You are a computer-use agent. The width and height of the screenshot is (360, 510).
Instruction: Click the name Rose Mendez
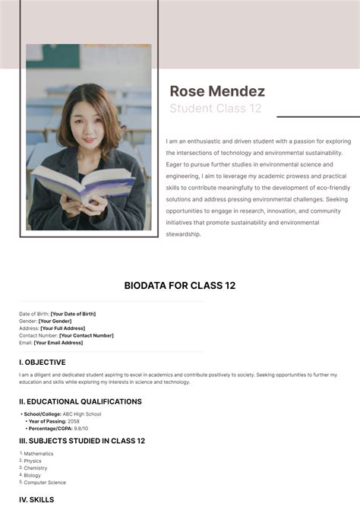(217, 91)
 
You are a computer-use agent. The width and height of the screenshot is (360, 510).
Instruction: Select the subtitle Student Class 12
(215, 109)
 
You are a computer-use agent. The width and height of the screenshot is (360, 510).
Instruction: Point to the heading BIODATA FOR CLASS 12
(180, 286)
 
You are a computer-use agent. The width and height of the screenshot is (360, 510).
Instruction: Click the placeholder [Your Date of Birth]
(73, 314)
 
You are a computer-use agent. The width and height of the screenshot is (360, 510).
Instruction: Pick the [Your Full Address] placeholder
(62, 328)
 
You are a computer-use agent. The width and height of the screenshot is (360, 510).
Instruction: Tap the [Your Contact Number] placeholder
(87, 335)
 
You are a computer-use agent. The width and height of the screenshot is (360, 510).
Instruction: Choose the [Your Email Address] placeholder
(58, 343)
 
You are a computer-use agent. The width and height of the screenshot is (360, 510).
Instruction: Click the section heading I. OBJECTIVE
(43, 363)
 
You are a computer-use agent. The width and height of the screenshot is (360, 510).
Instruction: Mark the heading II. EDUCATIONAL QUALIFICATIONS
(81, 401)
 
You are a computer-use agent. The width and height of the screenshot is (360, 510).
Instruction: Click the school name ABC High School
(81, 414)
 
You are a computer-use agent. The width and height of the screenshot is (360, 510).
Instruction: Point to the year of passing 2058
(74, 421)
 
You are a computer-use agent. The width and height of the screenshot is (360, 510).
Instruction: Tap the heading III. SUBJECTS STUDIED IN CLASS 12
(82, 441)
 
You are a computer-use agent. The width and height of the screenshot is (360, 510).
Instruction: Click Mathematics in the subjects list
(39, 454)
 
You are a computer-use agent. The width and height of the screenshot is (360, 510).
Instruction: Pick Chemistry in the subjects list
(36, 468)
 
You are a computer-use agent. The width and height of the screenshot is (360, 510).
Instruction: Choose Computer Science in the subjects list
(45, 483)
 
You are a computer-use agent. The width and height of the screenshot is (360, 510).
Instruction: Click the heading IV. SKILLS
(36, 499)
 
